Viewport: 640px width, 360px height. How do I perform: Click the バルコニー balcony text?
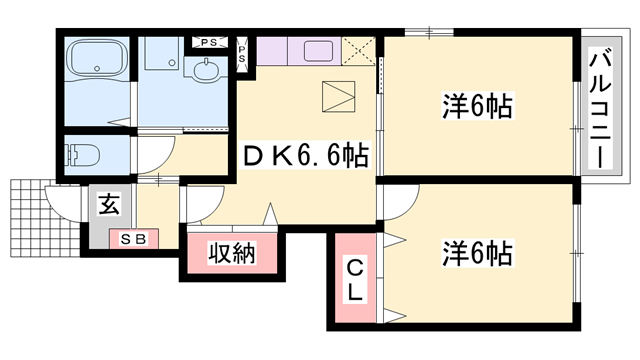pos(602,110)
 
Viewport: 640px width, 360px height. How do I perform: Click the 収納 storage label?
pos(232,254)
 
